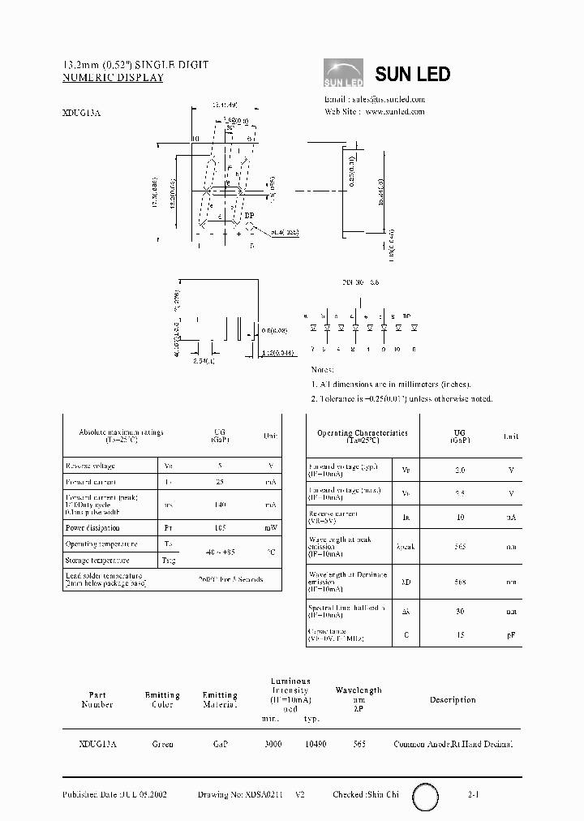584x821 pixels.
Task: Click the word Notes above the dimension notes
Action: [322, 370]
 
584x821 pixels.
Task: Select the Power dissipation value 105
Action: [219, 527]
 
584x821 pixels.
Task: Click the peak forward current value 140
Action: [219, 505]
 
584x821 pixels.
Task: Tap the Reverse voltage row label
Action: [90, 466]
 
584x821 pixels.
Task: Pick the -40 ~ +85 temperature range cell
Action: [219, 552]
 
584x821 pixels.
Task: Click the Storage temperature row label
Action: [97, 561]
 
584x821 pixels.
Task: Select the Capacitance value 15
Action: [460, 635]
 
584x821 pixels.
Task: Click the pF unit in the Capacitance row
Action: [511, 635]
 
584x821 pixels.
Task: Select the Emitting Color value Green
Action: [162, 744]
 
